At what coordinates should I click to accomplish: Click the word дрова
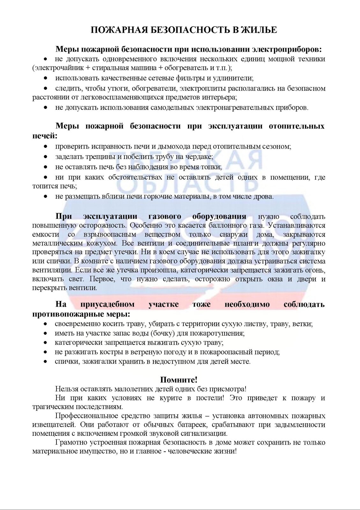tap(264, 196)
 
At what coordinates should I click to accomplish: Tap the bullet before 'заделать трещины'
tap(46, 157)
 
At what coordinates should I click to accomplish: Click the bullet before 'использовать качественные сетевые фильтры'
tap(46, 78)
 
